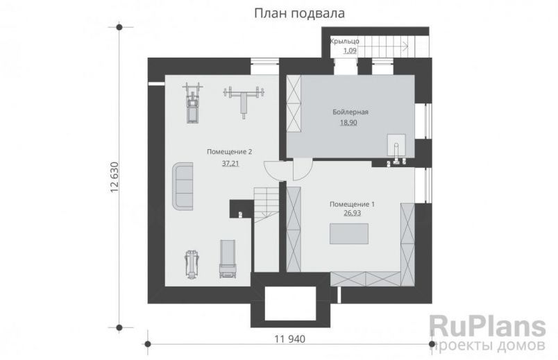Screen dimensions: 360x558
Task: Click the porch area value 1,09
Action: coord(345,51)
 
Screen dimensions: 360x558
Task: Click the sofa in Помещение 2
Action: coord(183,185)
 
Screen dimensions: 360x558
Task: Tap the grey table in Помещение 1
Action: coord(348,235)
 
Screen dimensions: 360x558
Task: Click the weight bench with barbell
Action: coord(243,98)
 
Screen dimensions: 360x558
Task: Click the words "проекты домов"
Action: coord(490,345)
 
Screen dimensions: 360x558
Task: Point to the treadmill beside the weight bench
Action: coord(192,103)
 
